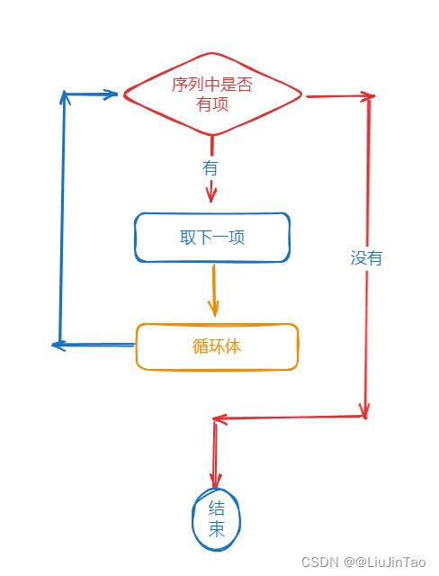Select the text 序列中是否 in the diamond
pyautogui.click(x=211, y=85)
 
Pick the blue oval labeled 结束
pyautogui.click(x=193, y=520)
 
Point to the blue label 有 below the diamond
pyautogui.click(x=210, y=168)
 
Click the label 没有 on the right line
pyautogui.click(x=366, y=257)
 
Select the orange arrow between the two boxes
pyautogui.click(x=213, y=290)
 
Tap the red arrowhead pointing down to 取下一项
pyautogui.click(x=211, y=194)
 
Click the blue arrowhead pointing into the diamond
pyautogui.click(x=110, y=94)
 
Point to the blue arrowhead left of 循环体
pyautogui.click(x=58, y=345)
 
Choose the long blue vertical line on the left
pyautogui.click(x=62, y=219)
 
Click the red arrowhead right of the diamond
pyautogui.click(x=368, y=96)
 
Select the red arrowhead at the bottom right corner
pyautogui.click(x=364, y=410)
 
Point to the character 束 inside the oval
pyautogui.click(x=217, y=528)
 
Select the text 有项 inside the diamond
pyautogui.click(x=212, y=103)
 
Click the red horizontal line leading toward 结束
pyautogui.click(x=290, y=418)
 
